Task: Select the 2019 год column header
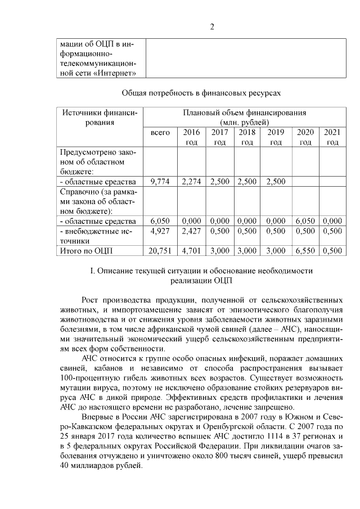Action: (276, 137)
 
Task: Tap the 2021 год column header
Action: (332, 137)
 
